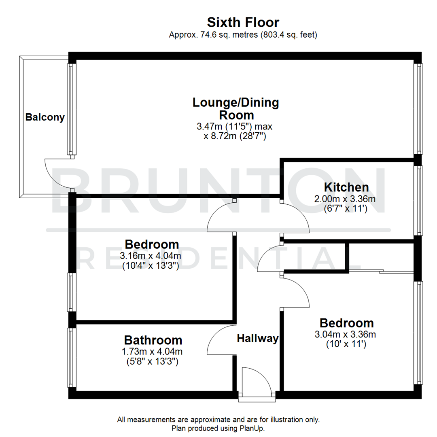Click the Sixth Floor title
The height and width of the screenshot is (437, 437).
pos(243,22)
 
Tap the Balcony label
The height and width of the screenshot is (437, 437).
pos(45,118)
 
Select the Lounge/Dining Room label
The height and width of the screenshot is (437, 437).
pos(235,108)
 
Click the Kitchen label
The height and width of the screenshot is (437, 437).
pos(346,187)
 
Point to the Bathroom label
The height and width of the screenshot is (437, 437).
pos(153,340)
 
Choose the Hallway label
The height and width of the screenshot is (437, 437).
pos(258,338)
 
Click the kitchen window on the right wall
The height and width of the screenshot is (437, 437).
pos(418,200)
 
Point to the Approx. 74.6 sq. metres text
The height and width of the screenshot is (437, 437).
pos(243,35)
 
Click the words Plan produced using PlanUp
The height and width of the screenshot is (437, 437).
pos(218,428)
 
